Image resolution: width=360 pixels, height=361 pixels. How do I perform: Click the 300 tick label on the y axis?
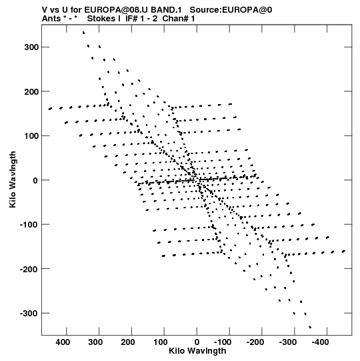click(x=31, y=47)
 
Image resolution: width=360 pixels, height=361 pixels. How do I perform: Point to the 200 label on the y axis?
click(x=31, y=91)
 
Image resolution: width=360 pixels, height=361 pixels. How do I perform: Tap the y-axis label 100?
click(x=31, y=136)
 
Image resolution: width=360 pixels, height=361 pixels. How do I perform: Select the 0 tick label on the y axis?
click(x=35, y=180)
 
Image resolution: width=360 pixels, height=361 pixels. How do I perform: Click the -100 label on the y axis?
click(x=29, y=225)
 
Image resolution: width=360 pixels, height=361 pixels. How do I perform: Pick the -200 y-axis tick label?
click(x=29, y=269)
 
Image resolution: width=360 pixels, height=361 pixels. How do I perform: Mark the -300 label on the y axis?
click(x=29, y=314)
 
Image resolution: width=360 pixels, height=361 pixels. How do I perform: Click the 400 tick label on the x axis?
click(x=63, y=342)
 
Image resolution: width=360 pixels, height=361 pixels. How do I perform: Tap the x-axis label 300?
click(x=95, y=342)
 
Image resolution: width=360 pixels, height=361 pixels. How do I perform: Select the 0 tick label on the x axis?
click(x=197, y=342)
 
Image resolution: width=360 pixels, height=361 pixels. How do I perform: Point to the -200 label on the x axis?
click(x=255, y=342)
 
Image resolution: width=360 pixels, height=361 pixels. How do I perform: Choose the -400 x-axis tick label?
click(x=320, y=342)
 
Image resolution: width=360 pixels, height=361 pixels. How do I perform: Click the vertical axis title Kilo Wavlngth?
click(x=13, y=179)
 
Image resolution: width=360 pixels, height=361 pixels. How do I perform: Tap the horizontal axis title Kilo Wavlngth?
click(x=197, y=351)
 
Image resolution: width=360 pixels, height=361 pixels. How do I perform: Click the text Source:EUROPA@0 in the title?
click(x=231, y=10)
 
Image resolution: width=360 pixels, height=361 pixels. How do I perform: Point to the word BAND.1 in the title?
click(x=166, y=10)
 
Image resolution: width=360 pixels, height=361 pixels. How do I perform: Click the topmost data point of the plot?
click(x=83, y=33)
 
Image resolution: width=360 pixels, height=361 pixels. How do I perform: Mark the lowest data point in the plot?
click(x=310, y=327)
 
